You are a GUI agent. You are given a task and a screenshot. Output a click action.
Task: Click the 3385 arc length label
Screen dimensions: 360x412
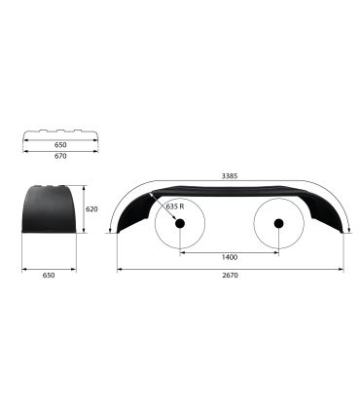[x=230, y=176]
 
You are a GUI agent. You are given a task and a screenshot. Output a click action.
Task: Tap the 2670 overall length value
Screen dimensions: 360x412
[x=231, y=276]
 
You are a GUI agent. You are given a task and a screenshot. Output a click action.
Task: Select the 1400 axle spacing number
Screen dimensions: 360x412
[x=230, y=257]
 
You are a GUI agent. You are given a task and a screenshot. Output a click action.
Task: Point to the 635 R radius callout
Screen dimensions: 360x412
[x=175, y=206]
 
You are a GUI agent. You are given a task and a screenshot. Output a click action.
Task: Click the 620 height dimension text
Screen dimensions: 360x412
[x=91, y=209]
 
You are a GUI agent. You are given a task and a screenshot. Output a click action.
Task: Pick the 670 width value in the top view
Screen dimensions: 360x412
[x=60, y=156]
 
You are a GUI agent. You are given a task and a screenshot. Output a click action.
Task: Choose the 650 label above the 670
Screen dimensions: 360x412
[x=60, y=145]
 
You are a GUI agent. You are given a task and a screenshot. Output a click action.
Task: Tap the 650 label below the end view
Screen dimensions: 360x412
[x=49, y=276]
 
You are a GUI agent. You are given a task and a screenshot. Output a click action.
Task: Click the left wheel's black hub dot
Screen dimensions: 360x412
[x=180, y=223]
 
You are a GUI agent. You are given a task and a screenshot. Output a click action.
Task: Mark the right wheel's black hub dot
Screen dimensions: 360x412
[x=278, y=223]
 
